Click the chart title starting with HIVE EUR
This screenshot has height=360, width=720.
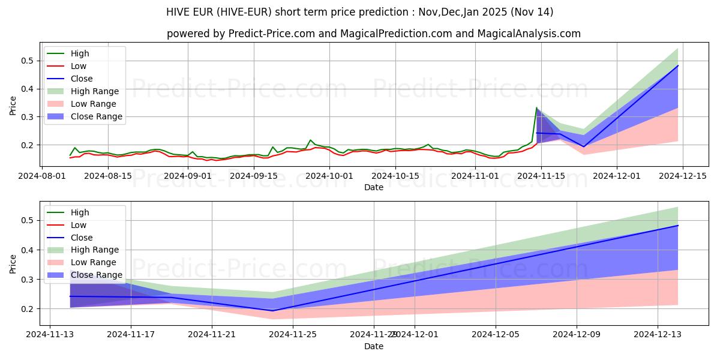[x=360, y=12]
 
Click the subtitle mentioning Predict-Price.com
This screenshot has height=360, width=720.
[x=373, y=34]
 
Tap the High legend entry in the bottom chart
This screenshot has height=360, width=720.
[x=80, y=212]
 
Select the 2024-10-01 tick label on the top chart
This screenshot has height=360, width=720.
[x=329, y=176]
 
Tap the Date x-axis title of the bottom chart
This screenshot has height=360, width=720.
[x=373, y=347]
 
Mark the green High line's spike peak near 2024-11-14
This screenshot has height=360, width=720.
[x=536, y=108]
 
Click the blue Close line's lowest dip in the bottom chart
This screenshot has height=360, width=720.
[x=273, y=311]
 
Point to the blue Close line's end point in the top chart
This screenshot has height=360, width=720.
[x=678, y=66]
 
